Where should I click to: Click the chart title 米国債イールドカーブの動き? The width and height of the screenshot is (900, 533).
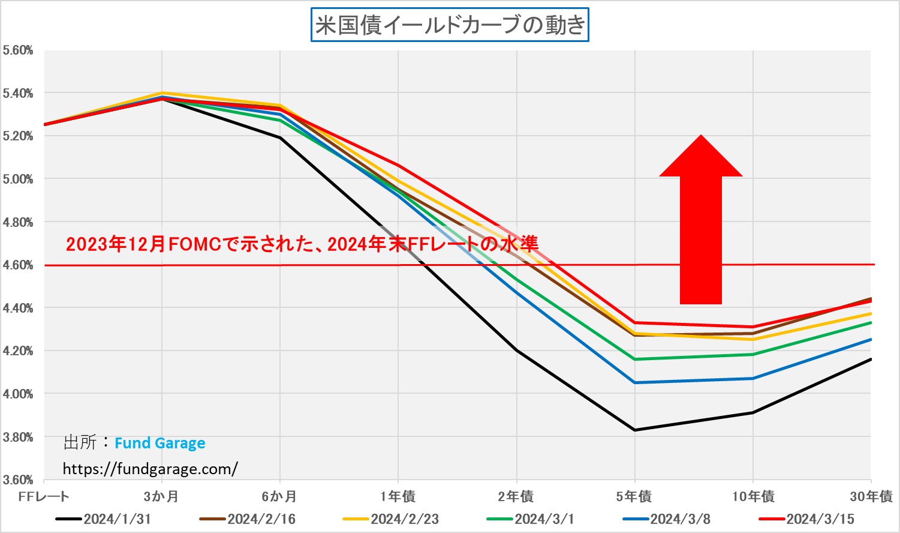click(450, 25)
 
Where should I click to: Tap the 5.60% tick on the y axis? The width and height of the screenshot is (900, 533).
click(18, 50)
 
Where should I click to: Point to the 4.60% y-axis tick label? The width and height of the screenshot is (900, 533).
click(18, 265)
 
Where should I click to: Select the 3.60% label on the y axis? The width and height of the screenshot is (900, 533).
click(18, 480)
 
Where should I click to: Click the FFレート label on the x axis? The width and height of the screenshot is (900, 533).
click(44, 496)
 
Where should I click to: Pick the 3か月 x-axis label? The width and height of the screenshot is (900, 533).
click(161, 496)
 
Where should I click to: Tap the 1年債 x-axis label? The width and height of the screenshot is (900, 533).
click(398, 496)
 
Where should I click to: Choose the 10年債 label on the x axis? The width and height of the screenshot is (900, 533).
click(753, 496)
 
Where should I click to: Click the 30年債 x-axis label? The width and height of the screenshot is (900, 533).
click(871, 496)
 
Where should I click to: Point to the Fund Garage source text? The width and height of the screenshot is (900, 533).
click(159, 444)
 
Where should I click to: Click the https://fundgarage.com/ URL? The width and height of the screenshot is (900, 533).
click(150, 469)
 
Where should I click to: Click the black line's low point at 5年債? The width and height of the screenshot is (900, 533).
click(635, 430)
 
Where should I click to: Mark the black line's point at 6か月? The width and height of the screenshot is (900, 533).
click(279, 137)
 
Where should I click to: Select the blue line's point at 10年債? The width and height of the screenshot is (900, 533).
click(753, 378)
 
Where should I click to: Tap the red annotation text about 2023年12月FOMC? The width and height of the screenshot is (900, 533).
click(302, 244)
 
